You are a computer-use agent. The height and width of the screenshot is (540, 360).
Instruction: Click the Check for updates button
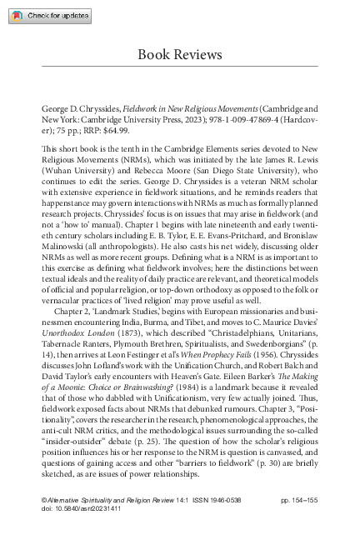coord(47,16)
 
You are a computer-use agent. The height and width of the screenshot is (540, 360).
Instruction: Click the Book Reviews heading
coord(179,54)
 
